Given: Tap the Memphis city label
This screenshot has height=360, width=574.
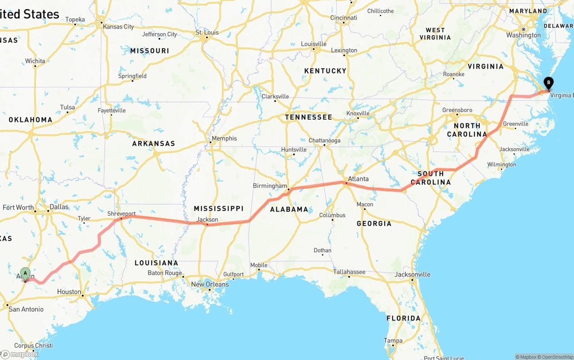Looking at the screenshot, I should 224,139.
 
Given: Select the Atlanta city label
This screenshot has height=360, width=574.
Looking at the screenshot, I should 358,179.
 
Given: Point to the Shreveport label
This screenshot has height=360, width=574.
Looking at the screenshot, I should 121,214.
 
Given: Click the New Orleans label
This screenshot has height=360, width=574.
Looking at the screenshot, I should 210,284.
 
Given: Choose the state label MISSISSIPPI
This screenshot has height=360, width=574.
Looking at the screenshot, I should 218,208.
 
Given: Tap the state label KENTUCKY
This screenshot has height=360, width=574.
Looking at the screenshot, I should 325,71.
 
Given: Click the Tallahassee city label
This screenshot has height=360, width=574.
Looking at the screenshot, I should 349,272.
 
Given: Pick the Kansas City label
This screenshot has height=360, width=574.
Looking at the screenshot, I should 118,27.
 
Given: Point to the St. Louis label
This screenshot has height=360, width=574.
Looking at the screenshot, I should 207,32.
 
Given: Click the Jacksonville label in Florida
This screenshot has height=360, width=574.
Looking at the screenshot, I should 413,274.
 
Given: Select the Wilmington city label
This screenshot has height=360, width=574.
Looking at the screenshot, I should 502,165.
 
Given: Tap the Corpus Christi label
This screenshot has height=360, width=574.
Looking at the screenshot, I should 34,346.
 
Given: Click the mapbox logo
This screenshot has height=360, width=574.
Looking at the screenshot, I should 20,354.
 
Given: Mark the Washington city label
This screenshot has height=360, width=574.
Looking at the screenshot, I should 523,35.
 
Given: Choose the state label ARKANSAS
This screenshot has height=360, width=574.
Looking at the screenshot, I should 153,144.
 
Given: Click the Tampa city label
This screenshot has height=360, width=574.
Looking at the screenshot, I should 393,341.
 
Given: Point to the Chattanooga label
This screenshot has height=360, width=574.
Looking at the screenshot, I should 325,140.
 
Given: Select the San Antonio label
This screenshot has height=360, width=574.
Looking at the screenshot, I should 26,309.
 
